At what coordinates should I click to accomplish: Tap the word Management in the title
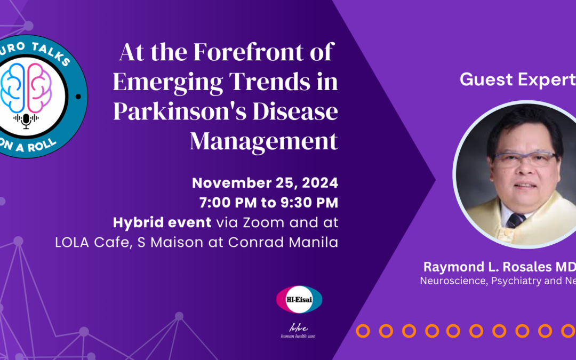pos(264,142)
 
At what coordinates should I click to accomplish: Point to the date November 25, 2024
pos(265,183)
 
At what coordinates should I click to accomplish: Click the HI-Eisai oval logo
pos(299,299)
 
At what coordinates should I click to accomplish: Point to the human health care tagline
pos(299,335)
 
